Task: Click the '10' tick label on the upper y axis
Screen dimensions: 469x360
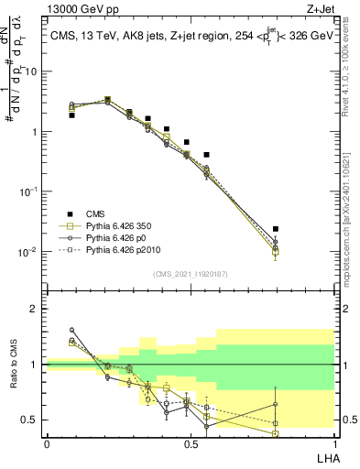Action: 31,71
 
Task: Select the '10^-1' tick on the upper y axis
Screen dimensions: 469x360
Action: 29,191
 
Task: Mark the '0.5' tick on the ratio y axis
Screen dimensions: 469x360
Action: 31,420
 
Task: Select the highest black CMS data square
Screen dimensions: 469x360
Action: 107,100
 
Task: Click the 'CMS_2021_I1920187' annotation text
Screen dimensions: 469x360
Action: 191,274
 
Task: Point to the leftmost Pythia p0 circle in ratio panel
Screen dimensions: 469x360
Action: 71,330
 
